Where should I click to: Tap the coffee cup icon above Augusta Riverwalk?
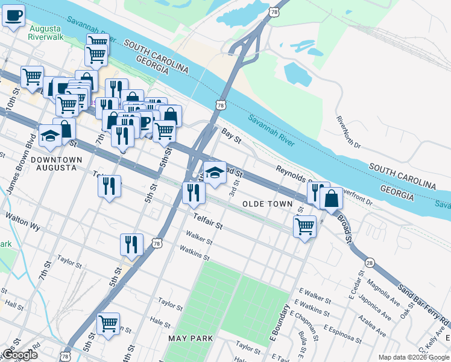click(14, 15)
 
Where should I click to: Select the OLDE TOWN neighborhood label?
click(267, 205)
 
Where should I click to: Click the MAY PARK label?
click(191, 338)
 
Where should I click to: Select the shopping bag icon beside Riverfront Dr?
click(331, 197)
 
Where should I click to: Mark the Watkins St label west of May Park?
click(194, 253)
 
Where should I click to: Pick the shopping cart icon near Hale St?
click(109, 323)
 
